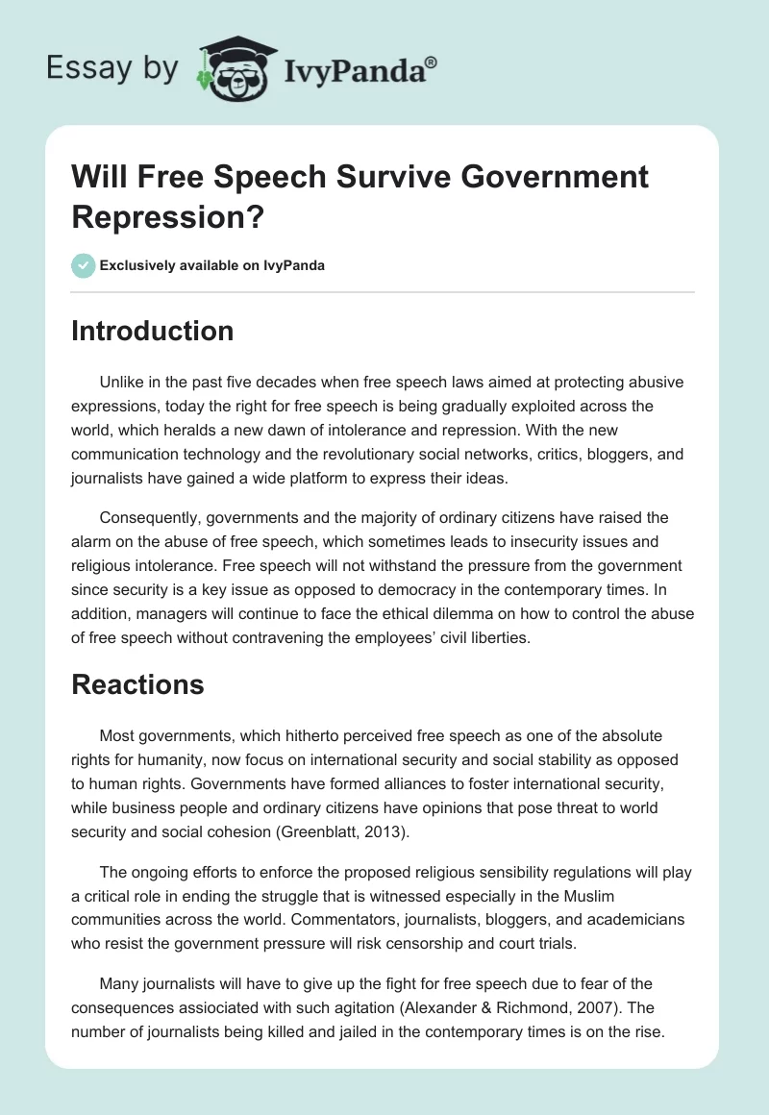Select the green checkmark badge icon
(83, 265)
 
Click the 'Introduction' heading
(153, 331)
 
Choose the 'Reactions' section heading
(137, 684)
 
